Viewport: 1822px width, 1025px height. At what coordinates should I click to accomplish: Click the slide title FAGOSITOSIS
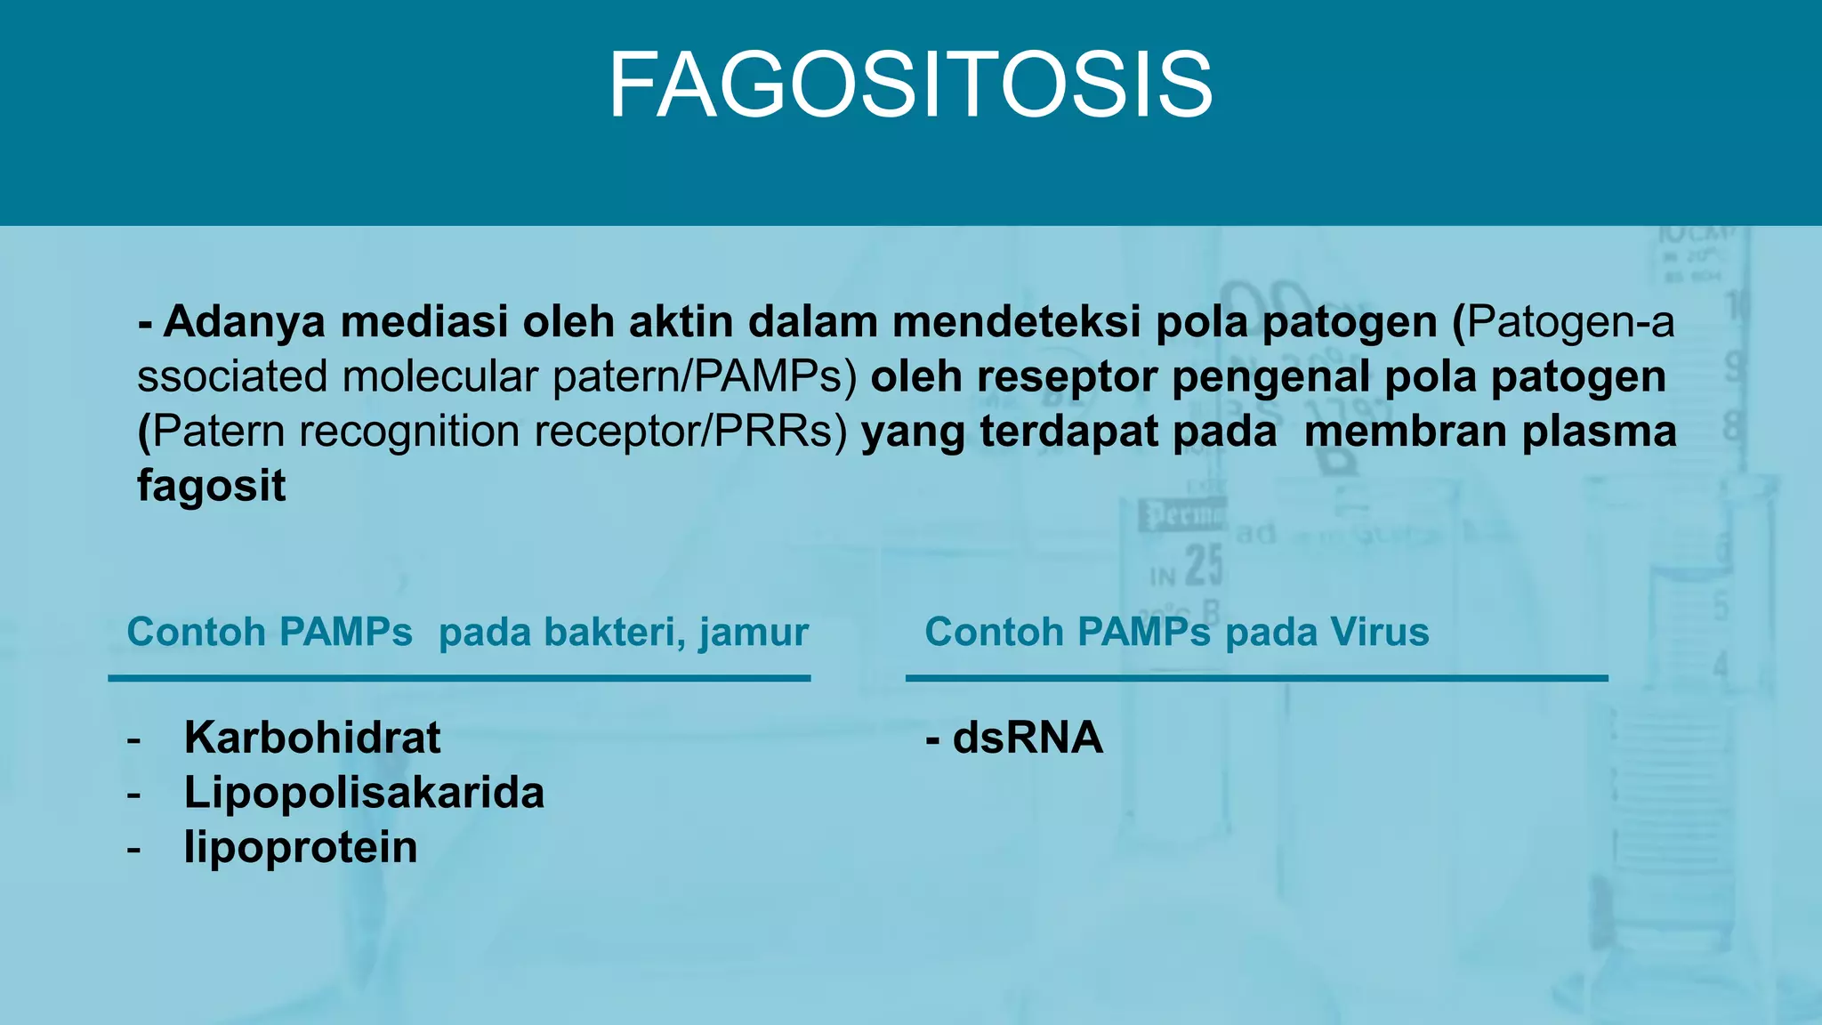(910, 85)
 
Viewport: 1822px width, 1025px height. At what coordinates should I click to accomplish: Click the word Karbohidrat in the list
(311, 738)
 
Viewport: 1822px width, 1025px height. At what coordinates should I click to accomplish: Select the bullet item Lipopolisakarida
(364, 792)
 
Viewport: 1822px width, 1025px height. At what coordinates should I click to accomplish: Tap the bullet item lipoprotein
(301, 847)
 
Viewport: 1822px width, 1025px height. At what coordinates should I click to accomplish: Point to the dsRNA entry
(1027, 738)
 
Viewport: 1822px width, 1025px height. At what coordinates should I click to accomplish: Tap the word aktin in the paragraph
(681, 321)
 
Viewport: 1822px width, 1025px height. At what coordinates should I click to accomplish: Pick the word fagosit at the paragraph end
(212, 487)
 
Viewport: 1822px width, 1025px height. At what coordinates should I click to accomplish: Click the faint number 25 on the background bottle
(1204, 564)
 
